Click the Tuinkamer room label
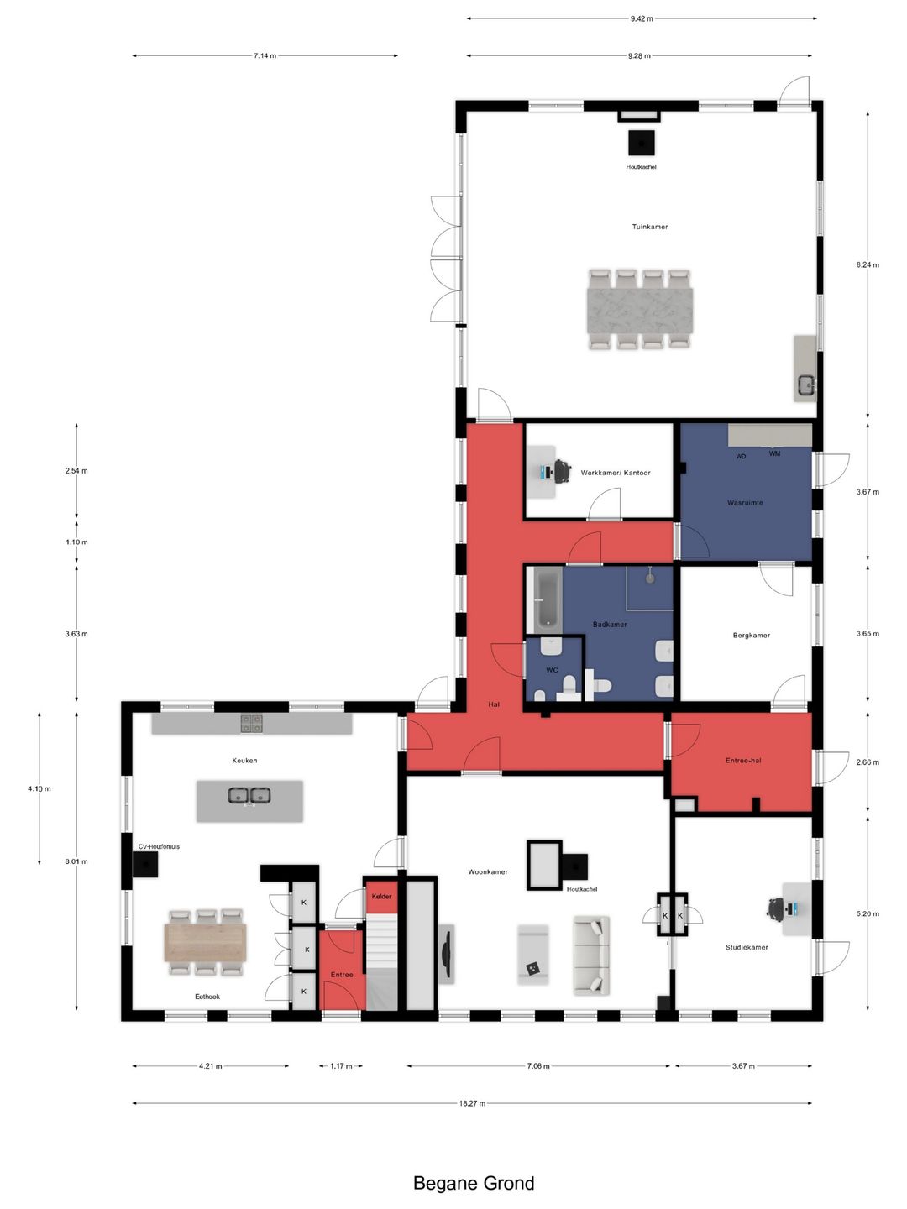[649, 227]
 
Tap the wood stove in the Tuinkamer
[641, 144]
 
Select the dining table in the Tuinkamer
[639, 309]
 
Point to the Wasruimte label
[745, 502]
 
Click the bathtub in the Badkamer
[548, 599]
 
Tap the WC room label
[552, 670]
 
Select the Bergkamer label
[751, 635]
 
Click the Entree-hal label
[743, 760]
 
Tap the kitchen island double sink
[249, 795]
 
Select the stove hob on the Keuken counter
[251, 723]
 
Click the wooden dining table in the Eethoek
[205, 942]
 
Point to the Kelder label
[381, 896]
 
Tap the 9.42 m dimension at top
[642, 18]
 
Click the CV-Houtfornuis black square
[145, 864]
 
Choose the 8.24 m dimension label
[868, 264]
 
